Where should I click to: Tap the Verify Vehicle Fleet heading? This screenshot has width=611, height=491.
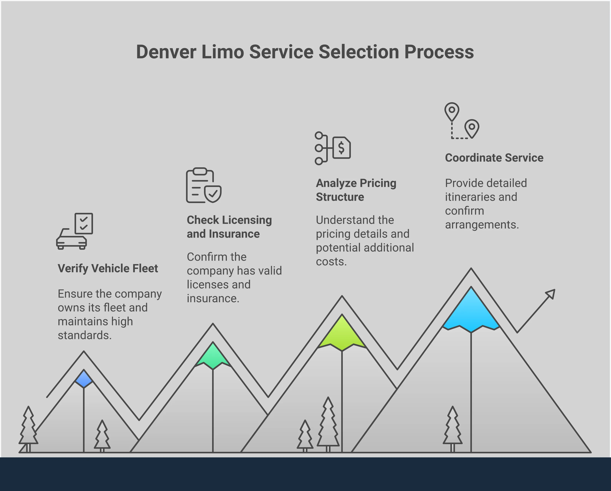click(x=108, y=268)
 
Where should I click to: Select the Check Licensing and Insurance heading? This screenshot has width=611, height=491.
click(x=229, y=227)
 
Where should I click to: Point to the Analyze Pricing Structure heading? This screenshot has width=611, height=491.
click(x=356, y=190)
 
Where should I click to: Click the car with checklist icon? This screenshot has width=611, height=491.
click(x=75, y=231)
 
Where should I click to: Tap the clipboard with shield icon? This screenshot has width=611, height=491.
click(x=203, y=185)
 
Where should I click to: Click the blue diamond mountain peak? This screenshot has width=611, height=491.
click(x=84, y=378)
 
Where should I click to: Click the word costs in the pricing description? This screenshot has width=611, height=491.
click(x=331, y=261)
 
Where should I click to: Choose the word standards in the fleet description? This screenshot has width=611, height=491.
click(x=85, y=335)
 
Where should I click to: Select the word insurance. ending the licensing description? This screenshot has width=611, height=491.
click(x=213, y=298)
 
